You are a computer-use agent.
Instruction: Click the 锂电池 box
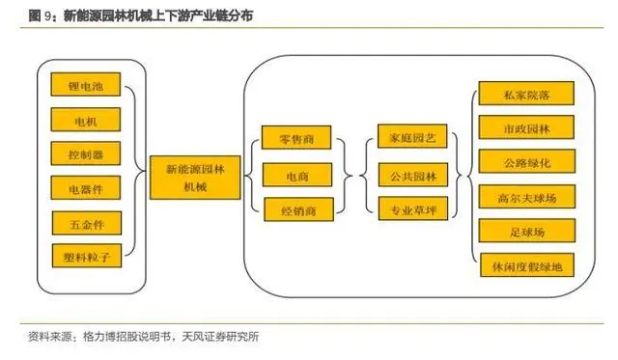[x=86, y=88]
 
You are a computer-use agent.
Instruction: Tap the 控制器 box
[x=86, y=154]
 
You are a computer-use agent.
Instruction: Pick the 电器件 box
[x=86, y=188]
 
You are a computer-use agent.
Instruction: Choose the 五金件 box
[x=86, y=223]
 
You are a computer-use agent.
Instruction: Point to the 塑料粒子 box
[x=86, y=256]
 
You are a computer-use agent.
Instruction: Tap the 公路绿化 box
[x=527, y=161]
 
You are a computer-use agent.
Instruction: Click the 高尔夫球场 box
[x=527, y=196]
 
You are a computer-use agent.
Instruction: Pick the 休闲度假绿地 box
[x=527, y=263]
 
